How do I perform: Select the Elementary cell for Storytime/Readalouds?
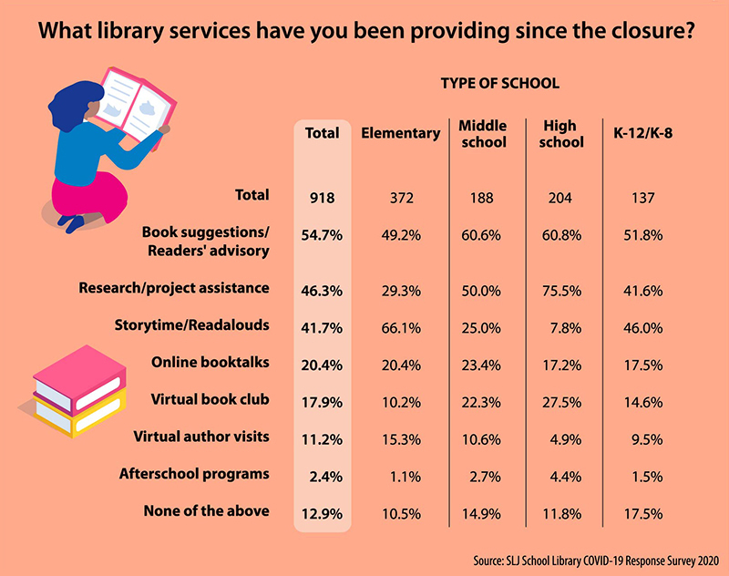tap(400, 325)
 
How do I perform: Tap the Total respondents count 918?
tap(322, 196)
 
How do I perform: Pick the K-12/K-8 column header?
tap(643, 133)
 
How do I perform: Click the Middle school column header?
tap(482, 133)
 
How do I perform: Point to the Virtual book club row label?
tap(209, 398)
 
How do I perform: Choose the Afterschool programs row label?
tap(194, 473)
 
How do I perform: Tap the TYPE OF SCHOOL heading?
tap(499, 84)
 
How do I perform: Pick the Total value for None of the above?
tap(322, 511)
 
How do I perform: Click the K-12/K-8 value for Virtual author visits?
tap(647, 437)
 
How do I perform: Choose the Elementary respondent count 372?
tap(400, 196)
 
